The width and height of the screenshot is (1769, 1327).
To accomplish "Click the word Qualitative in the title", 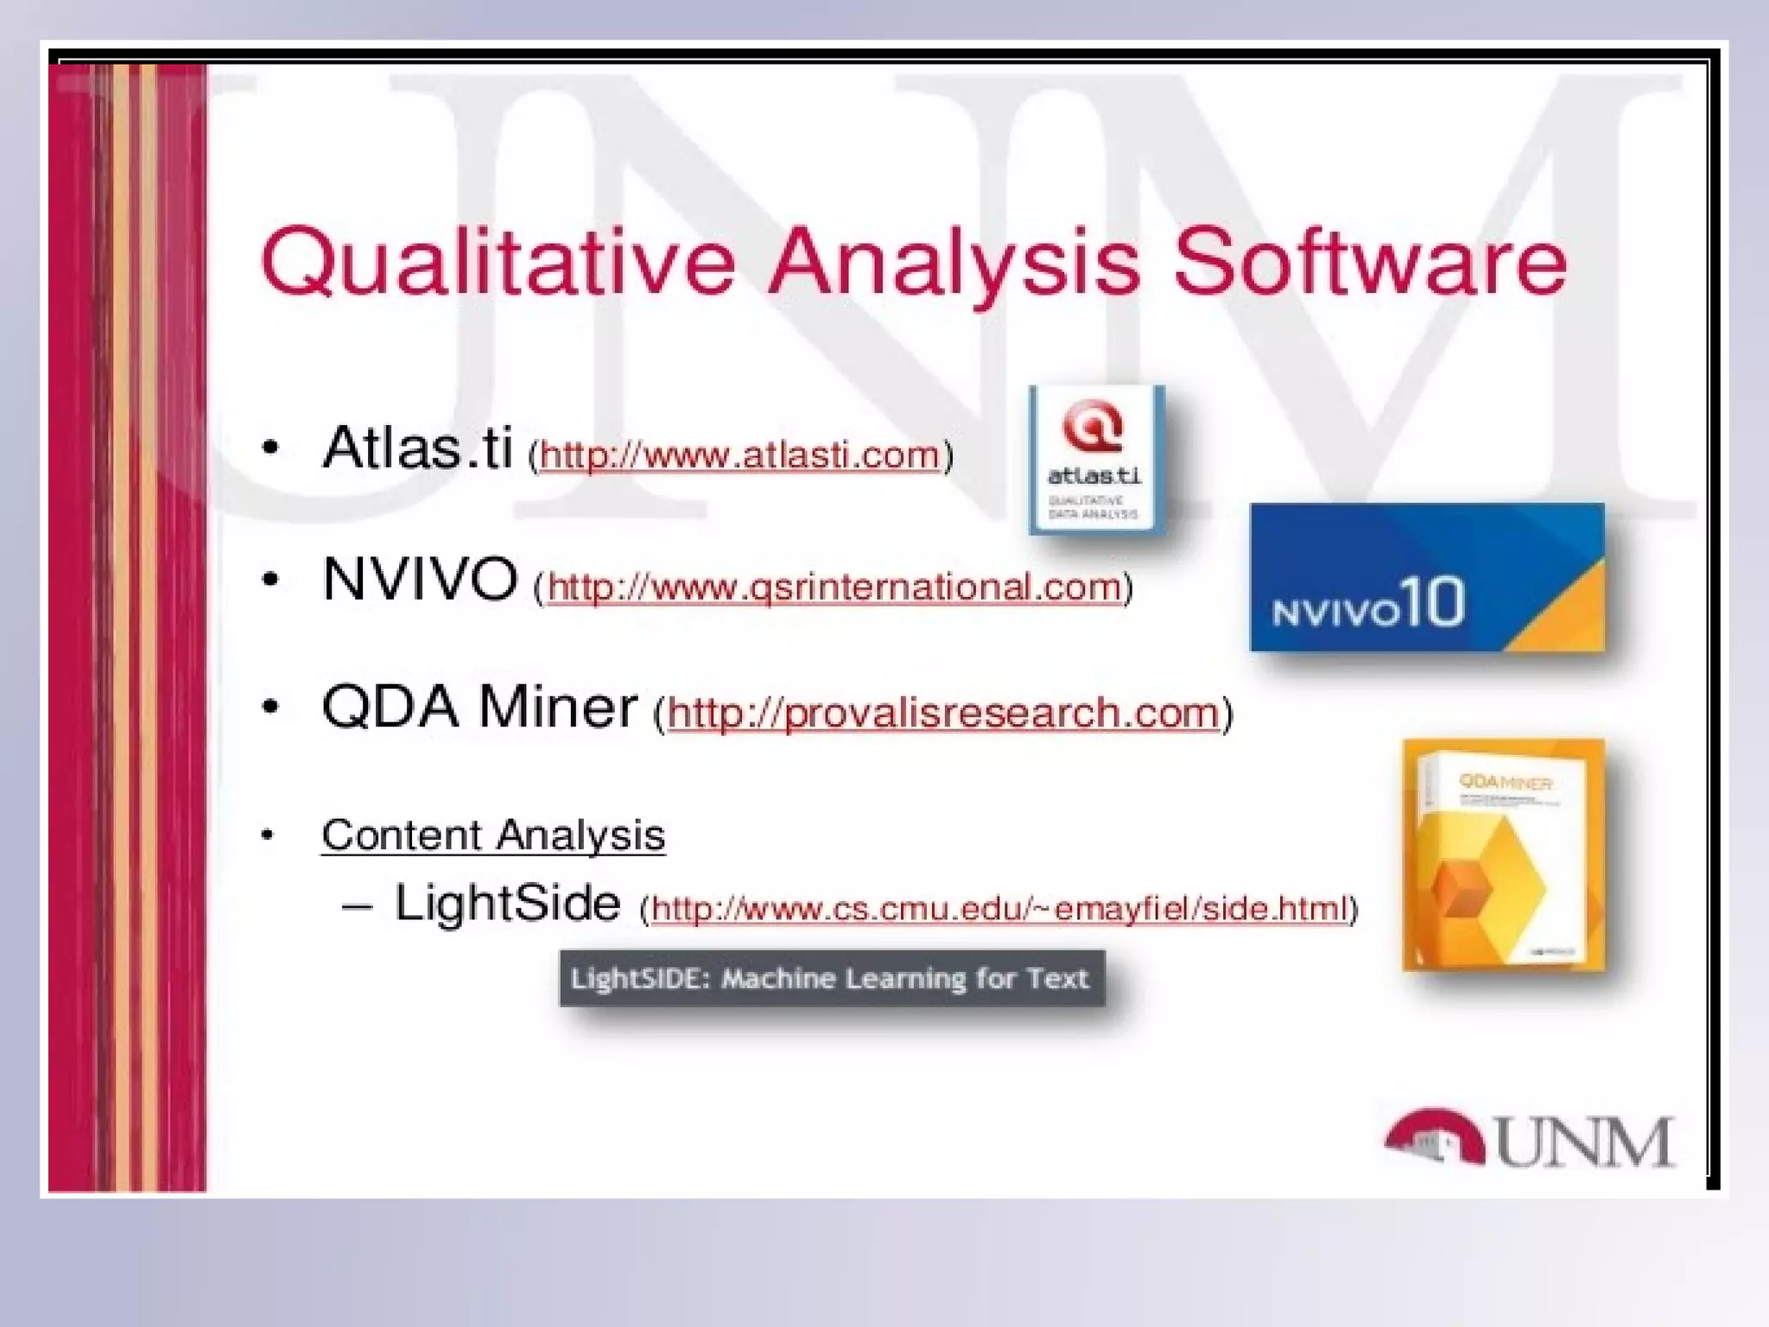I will click(498, 262).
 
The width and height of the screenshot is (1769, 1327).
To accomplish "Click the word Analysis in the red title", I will click(954, 262).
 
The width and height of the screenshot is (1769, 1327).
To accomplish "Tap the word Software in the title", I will click(1370, 262).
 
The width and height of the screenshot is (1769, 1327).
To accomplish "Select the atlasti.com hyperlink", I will click(739, 455).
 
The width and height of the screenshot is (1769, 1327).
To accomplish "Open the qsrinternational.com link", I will click(834, 587).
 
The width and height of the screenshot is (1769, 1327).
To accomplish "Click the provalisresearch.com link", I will click(942, 714).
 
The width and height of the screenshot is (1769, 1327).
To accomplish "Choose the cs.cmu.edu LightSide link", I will click(999, 909).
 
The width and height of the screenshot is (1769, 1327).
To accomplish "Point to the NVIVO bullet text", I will click(420, 578).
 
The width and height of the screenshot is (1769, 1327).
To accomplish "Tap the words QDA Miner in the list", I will click(479, 707).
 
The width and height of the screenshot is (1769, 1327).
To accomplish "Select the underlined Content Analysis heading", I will click(493, 835).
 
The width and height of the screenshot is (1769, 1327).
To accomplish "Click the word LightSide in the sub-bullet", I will click(507, 903).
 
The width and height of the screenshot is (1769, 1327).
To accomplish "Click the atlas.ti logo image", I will click(1095, 460).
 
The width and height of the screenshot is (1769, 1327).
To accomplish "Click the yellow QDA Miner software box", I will click(1504, 855).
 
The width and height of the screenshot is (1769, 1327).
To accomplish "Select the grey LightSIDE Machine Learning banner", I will click(831, 978).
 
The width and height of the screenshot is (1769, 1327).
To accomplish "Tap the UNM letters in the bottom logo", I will click(1583, 1142).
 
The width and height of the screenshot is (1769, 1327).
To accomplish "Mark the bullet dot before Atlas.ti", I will click(271, 448).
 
